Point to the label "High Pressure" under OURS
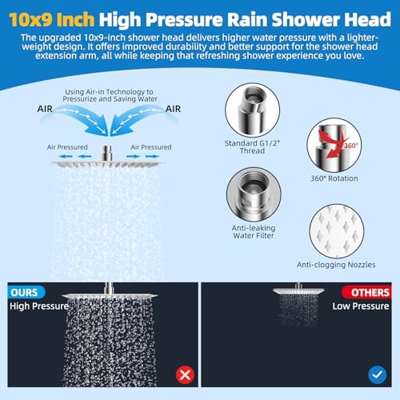[x=38, y=306]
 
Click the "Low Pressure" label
[x=360, y=306]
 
